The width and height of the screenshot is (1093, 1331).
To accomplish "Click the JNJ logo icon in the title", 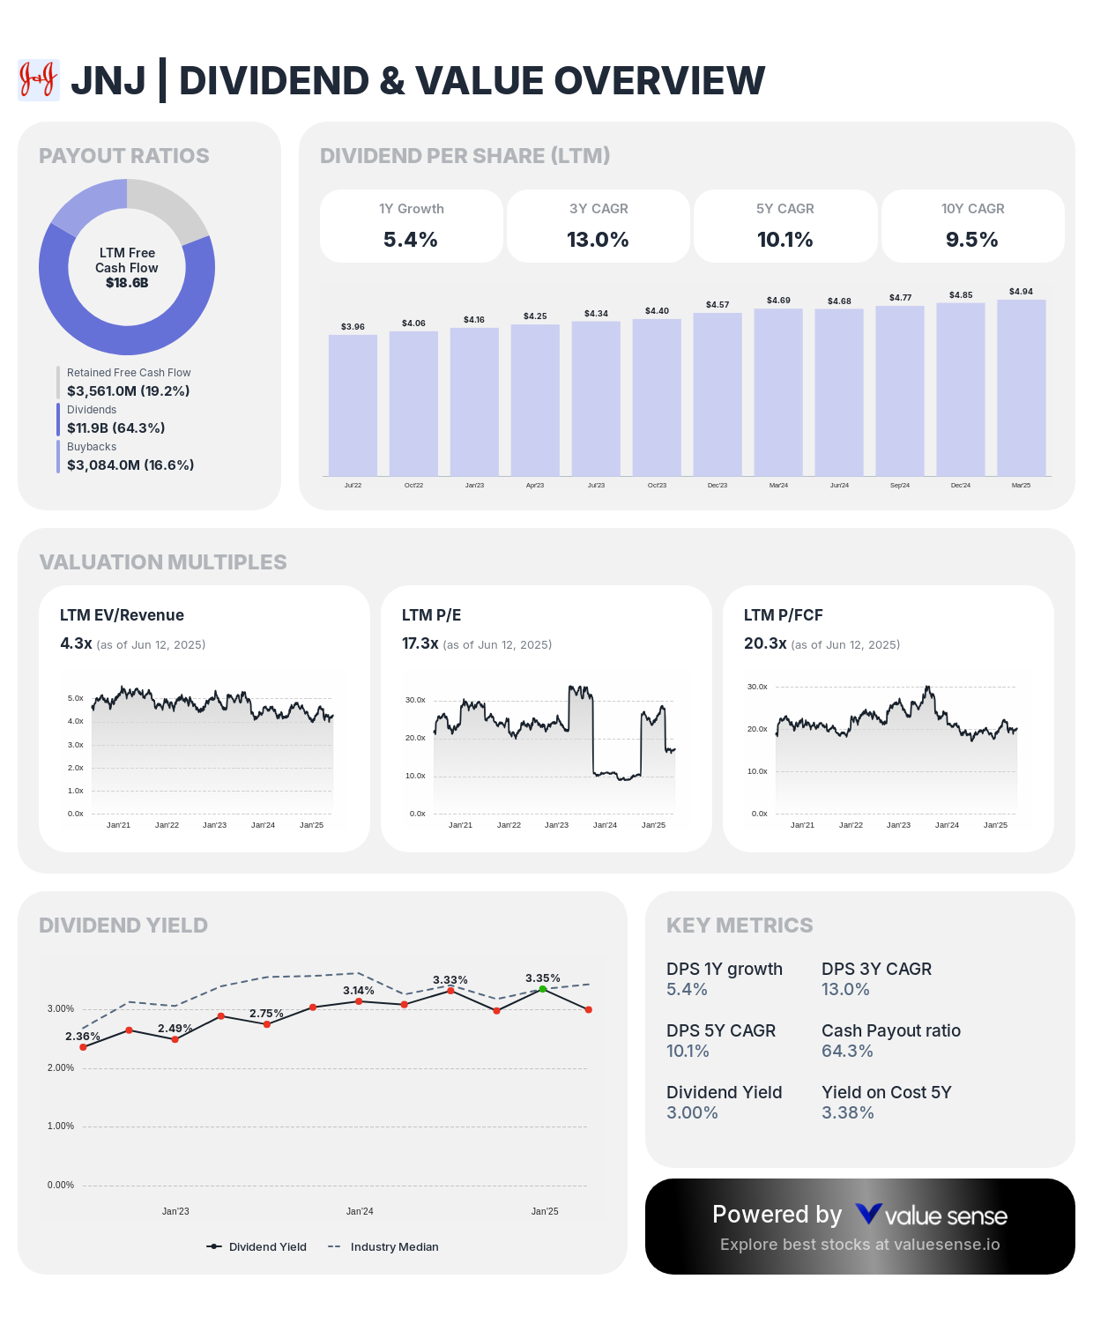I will [x=39, y=80].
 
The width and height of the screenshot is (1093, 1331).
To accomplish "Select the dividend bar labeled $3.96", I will [x=353, y=405].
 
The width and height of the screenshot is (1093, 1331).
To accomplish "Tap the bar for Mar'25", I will [x=1021, y=388].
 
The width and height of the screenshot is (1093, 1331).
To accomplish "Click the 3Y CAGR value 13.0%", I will [x=598, y=240].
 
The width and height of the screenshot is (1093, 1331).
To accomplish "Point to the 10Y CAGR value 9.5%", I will [x=972, y=240].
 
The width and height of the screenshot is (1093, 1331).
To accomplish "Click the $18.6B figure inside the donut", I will [x=127, y=283].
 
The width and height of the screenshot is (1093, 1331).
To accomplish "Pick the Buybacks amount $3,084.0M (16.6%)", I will [x=130, y=465].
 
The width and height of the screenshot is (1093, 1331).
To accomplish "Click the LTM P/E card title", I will [x=431, y=615].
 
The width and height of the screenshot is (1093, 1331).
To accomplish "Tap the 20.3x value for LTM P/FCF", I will [x=764, y=643].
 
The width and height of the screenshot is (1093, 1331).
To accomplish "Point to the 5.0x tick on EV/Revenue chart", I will [x=76, y=698].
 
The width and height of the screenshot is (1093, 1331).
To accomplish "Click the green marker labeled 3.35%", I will [x=543, y=989].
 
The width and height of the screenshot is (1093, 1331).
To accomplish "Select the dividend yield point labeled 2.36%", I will [x=84, y=1047].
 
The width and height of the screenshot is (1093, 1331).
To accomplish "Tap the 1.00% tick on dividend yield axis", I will [x=60, y=1127].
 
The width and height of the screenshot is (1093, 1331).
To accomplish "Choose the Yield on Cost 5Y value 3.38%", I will [x=847, y=1112].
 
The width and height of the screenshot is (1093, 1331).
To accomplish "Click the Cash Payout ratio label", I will [x=890, y=1030].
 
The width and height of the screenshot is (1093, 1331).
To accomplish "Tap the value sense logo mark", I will [x=868, y=1215].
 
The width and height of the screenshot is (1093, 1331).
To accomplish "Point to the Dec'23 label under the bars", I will [x=718, y=486].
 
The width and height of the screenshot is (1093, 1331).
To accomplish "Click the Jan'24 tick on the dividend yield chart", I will [x=360, y=1211].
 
